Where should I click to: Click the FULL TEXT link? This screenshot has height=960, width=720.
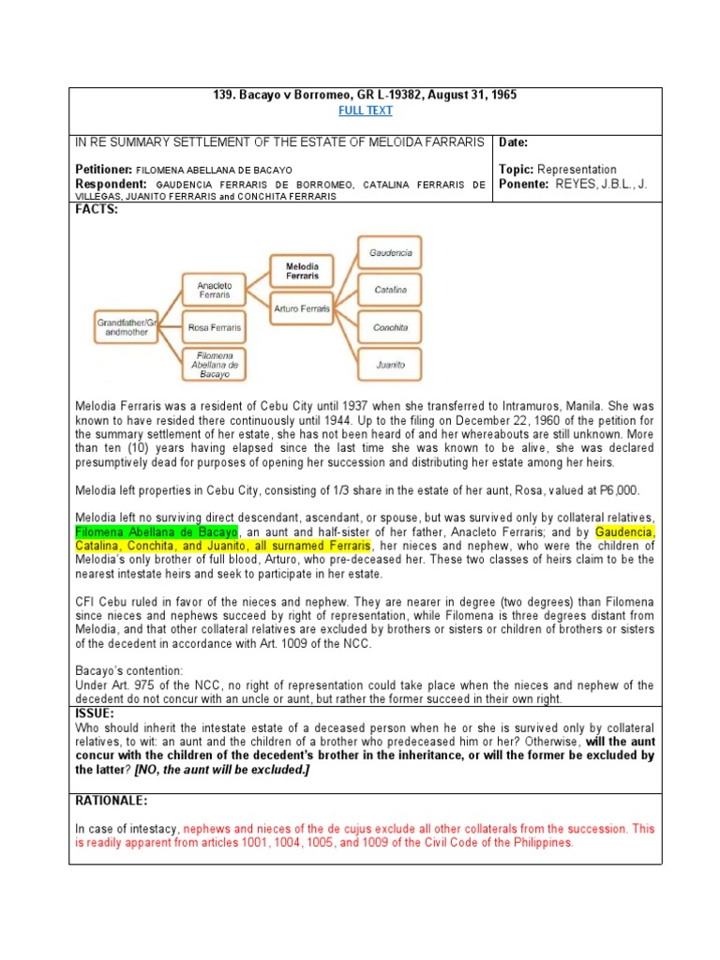tap(365, 111)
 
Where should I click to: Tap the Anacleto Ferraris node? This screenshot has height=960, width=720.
tap(214, 289)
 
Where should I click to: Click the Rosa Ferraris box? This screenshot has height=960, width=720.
tap(214, 327)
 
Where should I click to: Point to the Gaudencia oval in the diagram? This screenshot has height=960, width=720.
tap(389, 253)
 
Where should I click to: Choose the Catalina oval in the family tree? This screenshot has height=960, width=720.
tap(389, 290)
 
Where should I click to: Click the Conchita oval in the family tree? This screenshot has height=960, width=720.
tap(389, 327)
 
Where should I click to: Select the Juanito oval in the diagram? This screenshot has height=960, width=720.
tap(389, 364)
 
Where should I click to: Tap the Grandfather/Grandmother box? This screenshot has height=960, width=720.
tap(126, 327)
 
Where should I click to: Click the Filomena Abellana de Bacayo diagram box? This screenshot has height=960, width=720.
tap(214, 364)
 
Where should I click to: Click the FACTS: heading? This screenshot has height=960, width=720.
tap(97, 209)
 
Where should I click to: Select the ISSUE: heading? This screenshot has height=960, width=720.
tap(95, 712)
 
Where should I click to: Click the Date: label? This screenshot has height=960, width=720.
tap(514, 142)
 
